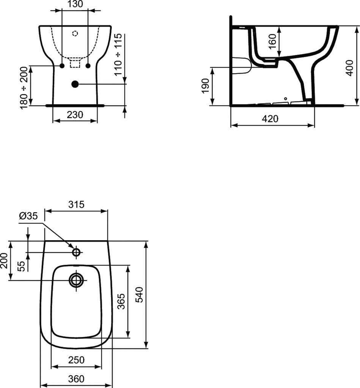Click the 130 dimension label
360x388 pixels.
(x=75, y=5)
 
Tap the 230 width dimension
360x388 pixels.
(x=75, y=114)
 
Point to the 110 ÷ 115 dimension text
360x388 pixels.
(x=119, y=55)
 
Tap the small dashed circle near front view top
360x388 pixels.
(x=75, y=33)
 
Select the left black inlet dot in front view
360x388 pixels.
(x=61, y=66)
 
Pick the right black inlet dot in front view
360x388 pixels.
(x=88, y=66)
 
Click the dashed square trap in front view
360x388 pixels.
(x=75, y=63)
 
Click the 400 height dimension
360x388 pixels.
(x=349, y=67)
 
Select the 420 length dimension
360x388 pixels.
(x=270, y=119)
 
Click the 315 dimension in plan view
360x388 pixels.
(x=76, y=205)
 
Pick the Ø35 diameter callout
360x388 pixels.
(x=28, y=216)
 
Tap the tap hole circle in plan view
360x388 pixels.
(x=76, y=252)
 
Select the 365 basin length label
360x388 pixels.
(x=121, y=301)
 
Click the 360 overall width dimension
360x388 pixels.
(x=76, y=378)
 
